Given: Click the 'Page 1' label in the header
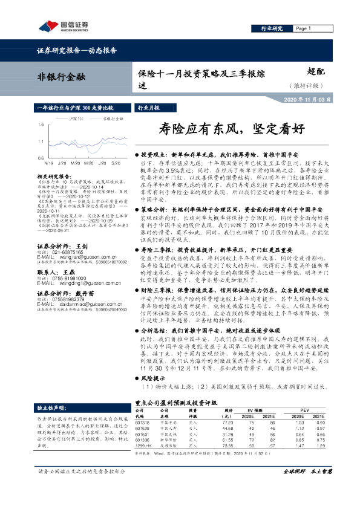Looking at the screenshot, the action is point(305,28).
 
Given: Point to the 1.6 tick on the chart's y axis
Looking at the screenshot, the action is point(40,125).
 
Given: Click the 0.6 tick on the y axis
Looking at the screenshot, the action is point(40,158).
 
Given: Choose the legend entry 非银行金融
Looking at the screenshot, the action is point(111,120).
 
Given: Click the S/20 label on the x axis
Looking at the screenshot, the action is point(116,163).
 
